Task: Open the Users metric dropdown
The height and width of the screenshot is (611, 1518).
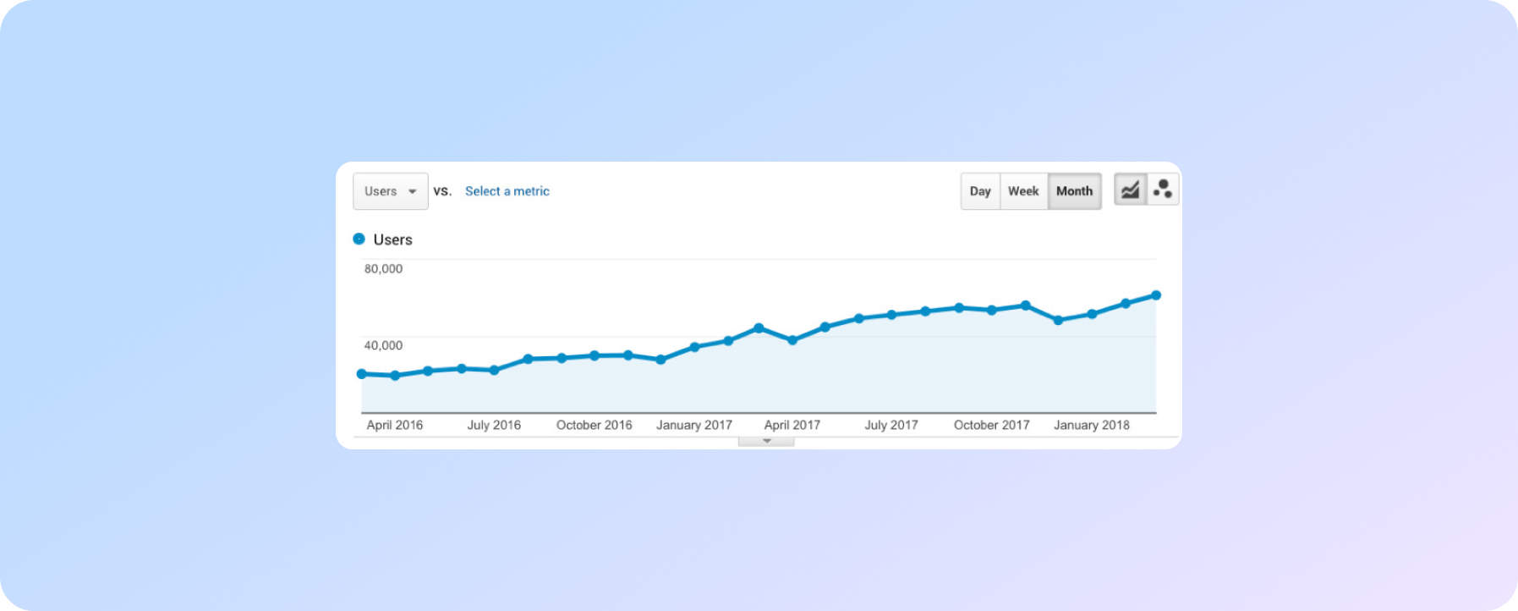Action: (x=390, y=191)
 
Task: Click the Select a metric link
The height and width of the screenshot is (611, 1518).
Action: (x=507, y=191)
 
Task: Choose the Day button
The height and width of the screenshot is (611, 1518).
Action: (x=980, y=191)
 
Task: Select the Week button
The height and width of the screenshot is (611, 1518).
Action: (x=1023, y=191)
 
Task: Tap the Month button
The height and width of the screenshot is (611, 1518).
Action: (x=1074, y=191)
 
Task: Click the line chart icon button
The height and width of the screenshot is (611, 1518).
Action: (x=1130, y=190)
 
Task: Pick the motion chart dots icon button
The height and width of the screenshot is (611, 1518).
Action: (x=1163, y=190)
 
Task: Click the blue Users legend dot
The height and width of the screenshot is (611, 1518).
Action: (x=359, y=239)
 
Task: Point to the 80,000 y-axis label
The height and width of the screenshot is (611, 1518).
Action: (x=383, y=269)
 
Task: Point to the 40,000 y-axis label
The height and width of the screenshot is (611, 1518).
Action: (x=383, y=345)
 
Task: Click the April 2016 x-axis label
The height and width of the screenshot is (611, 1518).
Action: (x=394, y=425)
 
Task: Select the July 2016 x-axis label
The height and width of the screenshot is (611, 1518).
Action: (x=494, y=425)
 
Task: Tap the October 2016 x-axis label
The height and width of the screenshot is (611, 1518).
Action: (x=594, y=425)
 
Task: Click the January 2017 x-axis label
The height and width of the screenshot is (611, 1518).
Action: (x=693, y=425)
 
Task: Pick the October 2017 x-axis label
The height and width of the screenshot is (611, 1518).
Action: (x=991, y=425)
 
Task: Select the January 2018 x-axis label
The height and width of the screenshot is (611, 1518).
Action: (x=1091, y=425)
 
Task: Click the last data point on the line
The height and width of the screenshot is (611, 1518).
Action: (x=1156, y=295)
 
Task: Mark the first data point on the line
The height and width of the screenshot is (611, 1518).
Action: (x=362, y=374)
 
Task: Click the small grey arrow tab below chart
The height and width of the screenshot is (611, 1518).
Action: (x=766, y=441)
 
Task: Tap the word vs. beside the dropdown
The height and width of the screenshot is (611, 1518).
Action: (x=442, y=191)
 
